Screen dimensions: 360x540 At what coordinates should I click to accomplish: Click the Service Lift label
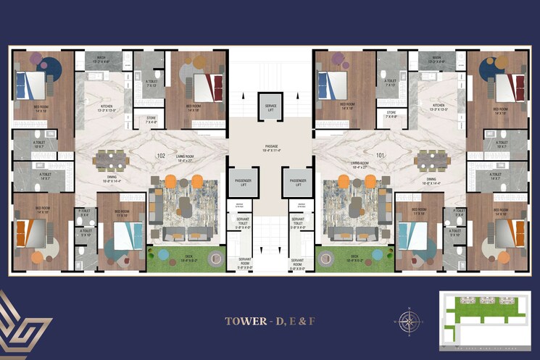coord(270,107)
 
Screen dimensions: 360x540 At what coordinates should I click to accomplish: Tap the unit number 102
coord(162,156)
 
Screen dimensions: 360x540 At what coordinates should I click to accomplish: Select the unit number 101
coord(379,155)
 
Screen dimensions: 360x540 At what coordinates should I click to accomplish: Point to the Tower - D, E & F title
coord(269,320)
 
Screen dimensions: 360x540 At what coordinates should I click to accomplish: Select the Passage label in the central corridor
coord(271,148)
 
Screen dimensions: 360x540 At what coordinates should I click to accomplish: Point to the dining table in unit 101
coord(431,159)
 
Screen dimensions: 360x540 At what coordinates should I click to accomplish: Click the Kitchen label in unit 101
coord(439,107)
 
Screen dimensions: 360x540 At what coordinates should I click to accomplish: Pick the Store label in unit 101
coord(391,114)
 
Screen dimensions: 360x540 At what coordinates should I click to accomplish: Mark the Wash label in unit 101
coord(436,59)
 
